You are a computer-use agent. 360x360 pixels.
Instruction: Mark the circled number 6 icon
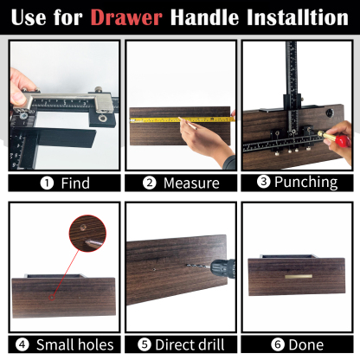[277, 344]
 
